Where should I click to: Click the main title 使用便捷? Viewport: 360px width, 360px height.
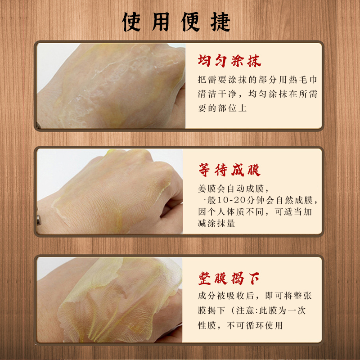click(176, 22)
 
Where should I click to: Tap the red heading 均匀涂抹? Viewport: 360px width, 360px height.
click(229, 61)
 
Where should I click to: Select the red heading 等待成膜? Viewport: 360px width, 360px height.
click(229, 170)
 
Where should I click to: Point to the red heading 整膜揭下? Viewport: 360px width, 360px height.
click(229, 279)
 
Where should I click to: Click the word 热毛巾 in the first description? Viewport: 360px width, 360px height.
click(303, 80)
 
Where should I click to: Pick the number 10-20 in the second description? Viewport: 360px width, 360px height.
click(231, 200)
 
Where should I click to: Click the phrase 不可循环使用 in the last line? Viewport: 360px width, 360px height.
click(255, 325)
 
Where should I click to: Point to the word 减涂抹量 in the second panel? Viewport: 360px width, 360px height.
click(216, 223)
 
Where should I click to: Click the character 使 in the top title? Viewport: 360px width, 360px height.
click(131, 22)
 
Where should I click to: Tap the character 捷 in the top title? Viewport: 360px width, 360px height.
click(220, 22)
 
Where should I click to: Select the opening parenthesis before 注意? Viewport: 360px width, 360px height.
click(233, 310)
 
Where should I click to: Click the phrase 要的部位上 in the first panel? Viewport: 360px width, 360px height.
click(222, 108)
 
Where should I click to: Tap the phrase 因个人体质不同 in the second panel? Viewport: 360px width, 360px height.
click(230, 211)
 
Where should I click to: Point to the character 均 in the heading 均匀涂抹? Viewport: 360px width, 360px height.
click(204, 61)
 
